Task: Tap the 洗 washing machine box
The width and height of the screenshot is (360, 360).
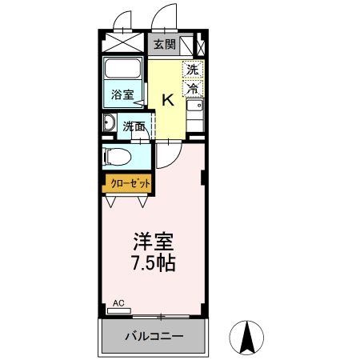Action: tap(192, 69)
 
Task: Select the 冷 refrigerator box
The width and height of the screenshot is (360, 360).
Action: tap(193, 88)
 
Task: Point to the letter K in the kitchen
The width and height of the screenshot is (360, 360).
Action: tap(168, 100)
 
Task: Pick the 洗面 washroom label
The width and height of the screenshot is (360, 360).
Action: tap(134, 126)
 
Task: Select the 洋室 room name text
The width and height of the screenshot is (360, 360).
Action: tap(153, 241)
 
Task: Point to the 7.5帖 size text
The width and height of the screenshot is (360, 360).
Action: tap(153, 262)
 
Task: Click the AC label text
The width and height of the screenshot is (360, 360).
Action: tap(118, 303)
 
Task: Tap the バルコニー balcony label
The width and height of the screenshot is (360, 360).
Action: tap(154, 337)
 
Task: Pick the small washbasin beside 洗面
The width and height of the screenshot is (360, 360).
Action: tap(110, 124)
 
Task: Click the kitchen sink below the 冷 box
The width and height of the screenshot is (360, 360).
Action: tap(193, 106)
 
